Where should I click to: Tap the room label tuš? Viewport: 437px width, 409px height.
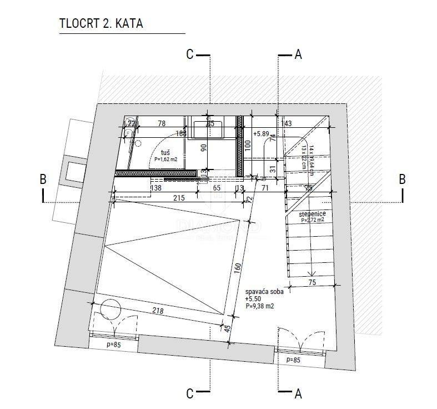[x=165, y=152]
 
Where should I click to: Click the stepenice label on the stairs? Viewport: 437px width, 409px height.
[x=312, y=213]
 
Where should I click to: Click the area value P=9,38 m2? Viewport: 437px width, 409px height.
[x=258, y=306]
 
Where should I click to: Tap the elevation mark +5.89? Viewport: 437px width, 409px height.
[x=261, y=134]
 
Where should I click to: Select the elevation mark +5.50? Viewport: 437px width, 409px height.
[x=252, y=299]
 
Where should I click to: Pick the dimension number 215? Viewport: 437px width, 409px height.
[x=178, y=198]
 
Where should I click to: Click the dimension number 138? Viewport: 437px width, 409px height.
[x=156, y=189]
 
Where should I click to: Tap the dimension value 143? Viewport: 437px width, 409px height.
[x=287, y=123]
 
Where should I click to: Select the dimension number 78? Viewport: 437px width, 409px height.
[x=162, y=123]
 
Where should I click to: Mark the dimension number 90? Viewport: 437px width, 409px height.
[x=203, y=147]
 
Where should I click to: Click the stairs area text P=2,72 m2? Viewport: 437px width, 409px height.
[x=312, y=220]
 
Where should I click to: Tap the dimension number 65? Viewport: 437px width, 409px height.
[x=217, y=189]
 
